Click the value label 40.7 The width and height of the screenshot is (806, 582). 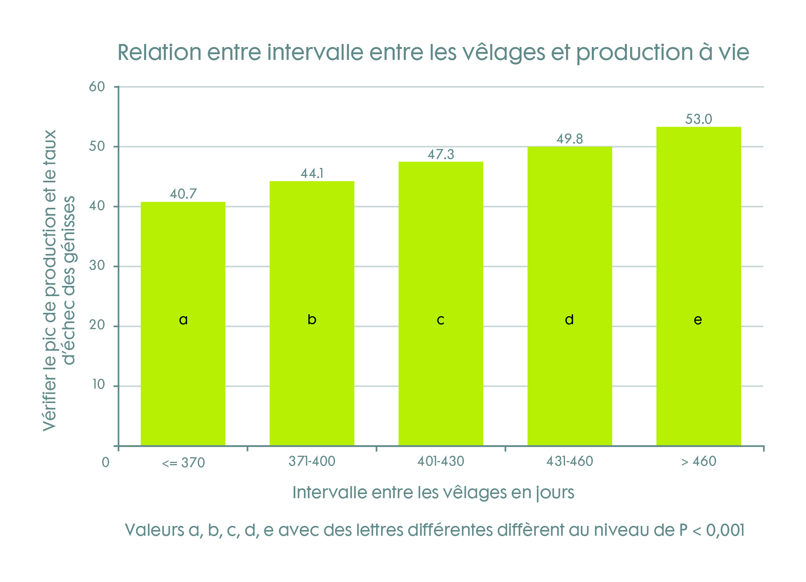point(183,194)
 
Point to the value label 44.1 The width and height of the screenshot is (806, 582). point(312,174)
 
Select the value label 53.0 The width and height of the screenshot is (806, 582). point(699,119)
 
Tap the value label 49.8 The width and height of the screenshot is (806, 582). point(570,139)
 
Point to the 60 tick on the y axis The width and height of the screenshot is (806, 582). point(97,87)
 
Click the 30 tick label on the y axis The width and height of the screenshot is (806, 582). point(97,266)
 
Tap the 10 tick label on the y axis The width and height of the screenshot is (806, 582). point(99,385)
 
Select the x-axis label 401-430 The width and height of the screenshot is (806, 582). point(441,461)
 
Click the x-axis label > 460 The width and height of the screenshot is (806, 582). point(698,461)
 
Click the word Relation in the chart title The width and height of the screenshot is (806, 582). point(159,52)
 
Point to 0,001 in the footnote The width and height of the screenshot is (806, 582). point(725,530)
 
